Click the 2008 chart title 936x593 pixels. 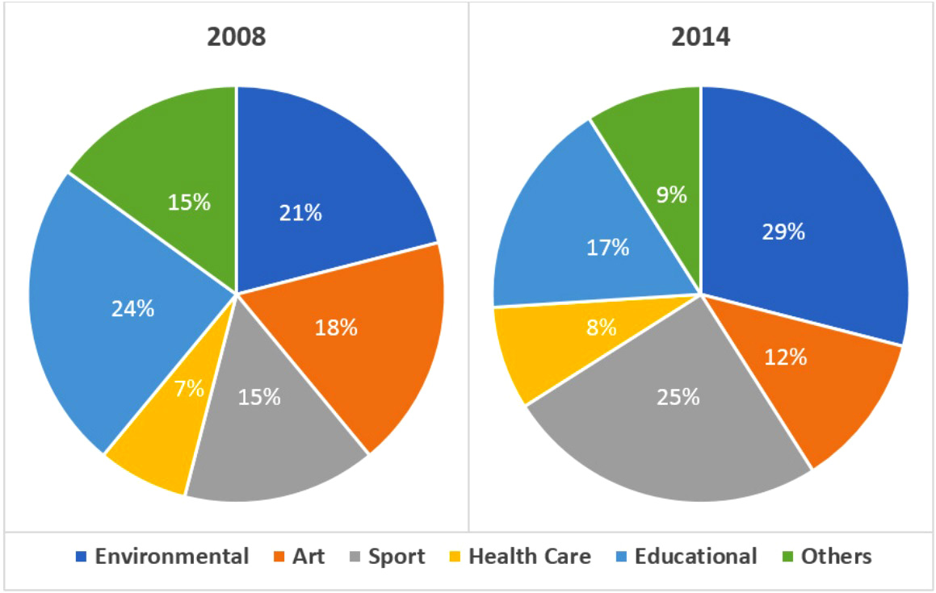[x=236, y=38]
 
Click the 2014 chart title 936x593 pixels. [x=700, y=38]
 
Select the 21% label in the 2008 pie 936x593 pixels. [x=300, y=213]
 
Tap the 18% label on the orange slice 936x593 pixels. [x=335, y=328]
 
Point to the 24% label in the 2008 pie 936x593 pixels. [x=133, y=308]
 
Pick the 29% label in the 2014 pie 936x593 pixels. [x=783, y=232]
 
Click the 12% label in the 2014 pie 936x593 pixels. [x=785, y=356]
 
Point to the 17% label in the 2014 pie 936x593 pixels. [x=608, y=247]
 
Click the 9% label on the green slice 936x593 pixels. [x=670, y=194]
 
